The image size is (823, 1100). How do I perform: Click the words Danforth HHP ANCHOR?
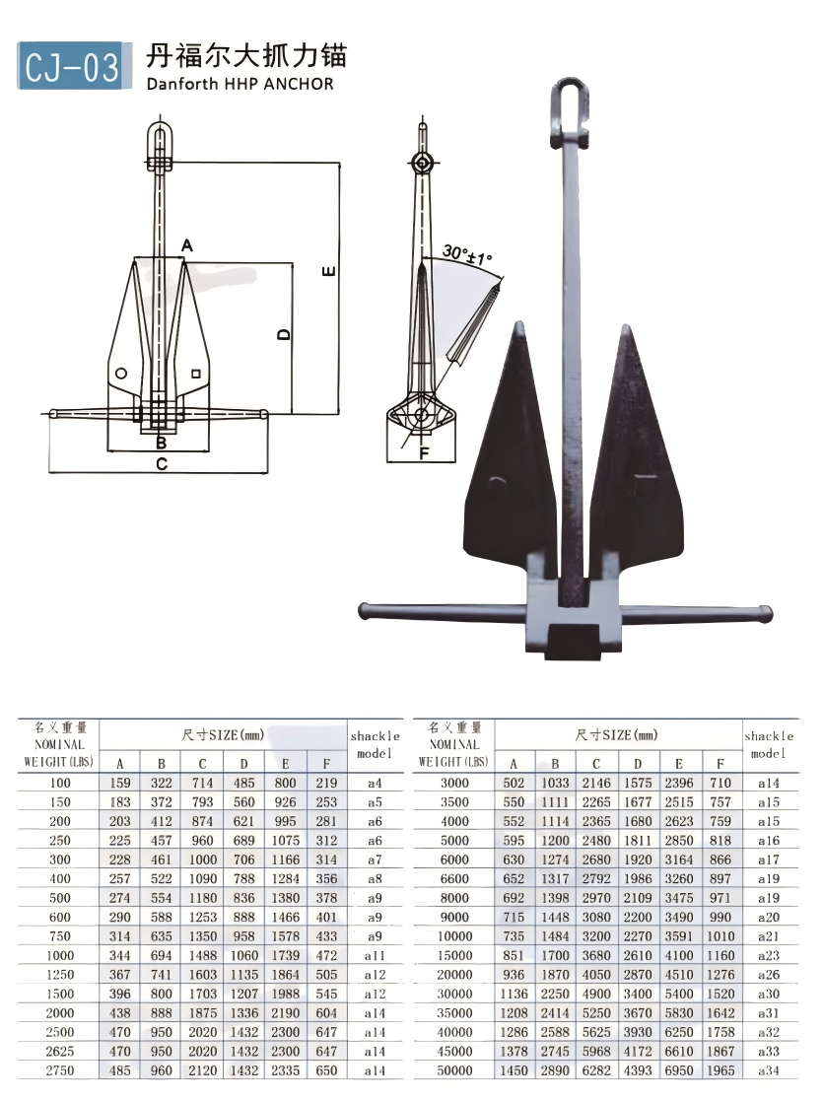pyautogui.click(x=240, y=84)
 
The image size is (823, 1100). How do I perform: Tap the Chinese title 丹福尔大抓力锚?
pyautogui.click(x=246, y=54)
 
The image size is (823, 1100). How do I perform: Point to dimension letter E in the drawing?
pyautogui.click(x=329, y=270)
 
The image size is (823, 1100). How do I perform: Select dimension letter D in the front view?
pyautogui.click(x=284, y=334)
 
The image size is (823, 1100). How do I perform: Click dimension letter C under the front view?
pyautogui.click(x=161, y=464)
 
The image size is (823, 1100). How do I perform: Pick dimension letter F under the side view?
pyautogui.click(x=425, y=454)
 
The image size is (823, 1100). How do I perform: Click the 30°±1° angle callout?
pyautogui.click(x=467, y=258)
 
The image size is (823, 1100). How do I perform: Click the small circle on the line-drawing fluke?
pyautogui.click(x=120, y=374)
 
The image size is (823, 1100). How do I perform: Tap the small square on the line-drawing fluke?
pyautogui.click(x=197, y=373)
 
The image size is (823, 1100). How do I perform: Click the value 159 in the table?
pyautogui.click(x=120, y=783)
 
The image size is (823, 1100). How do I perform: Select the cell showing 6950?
pyautogui.click(x=679, y=1070)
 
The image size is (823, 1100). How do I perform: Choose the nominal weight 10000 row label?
pyautogui.click(x=453, y=936)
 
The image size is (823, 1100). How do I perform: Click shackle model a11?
pyautogui.click(x=375, y=956)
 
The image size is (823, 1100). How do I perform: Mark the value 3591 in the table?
pyautogui.click(x=679, y=936)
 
